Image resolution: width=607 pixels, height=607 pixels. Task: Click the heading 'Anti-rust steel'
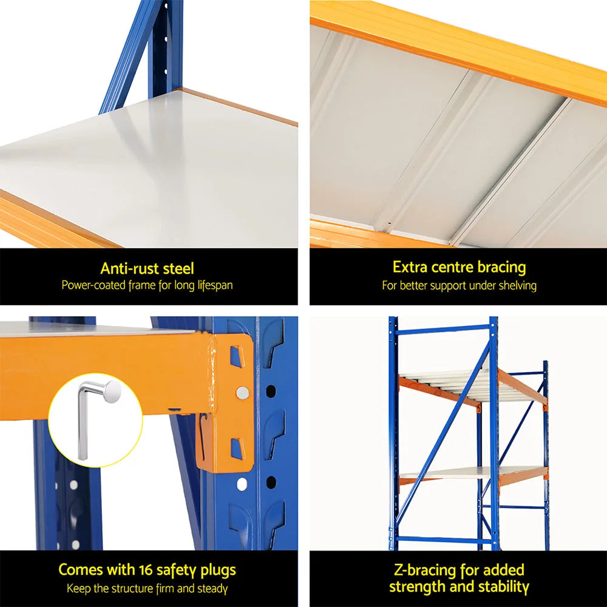(148, 268)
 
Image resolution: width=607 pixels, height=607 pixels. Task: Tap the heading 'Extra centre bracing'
(459, 267)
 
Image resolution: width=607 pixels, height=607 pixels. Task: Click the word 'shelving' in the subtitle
(517, 285)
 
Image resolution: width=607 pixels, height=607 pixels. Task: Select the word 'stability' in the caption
(501, 586)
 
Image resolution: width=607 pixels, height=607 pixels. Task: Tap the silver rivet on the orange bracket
(242, 393)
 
